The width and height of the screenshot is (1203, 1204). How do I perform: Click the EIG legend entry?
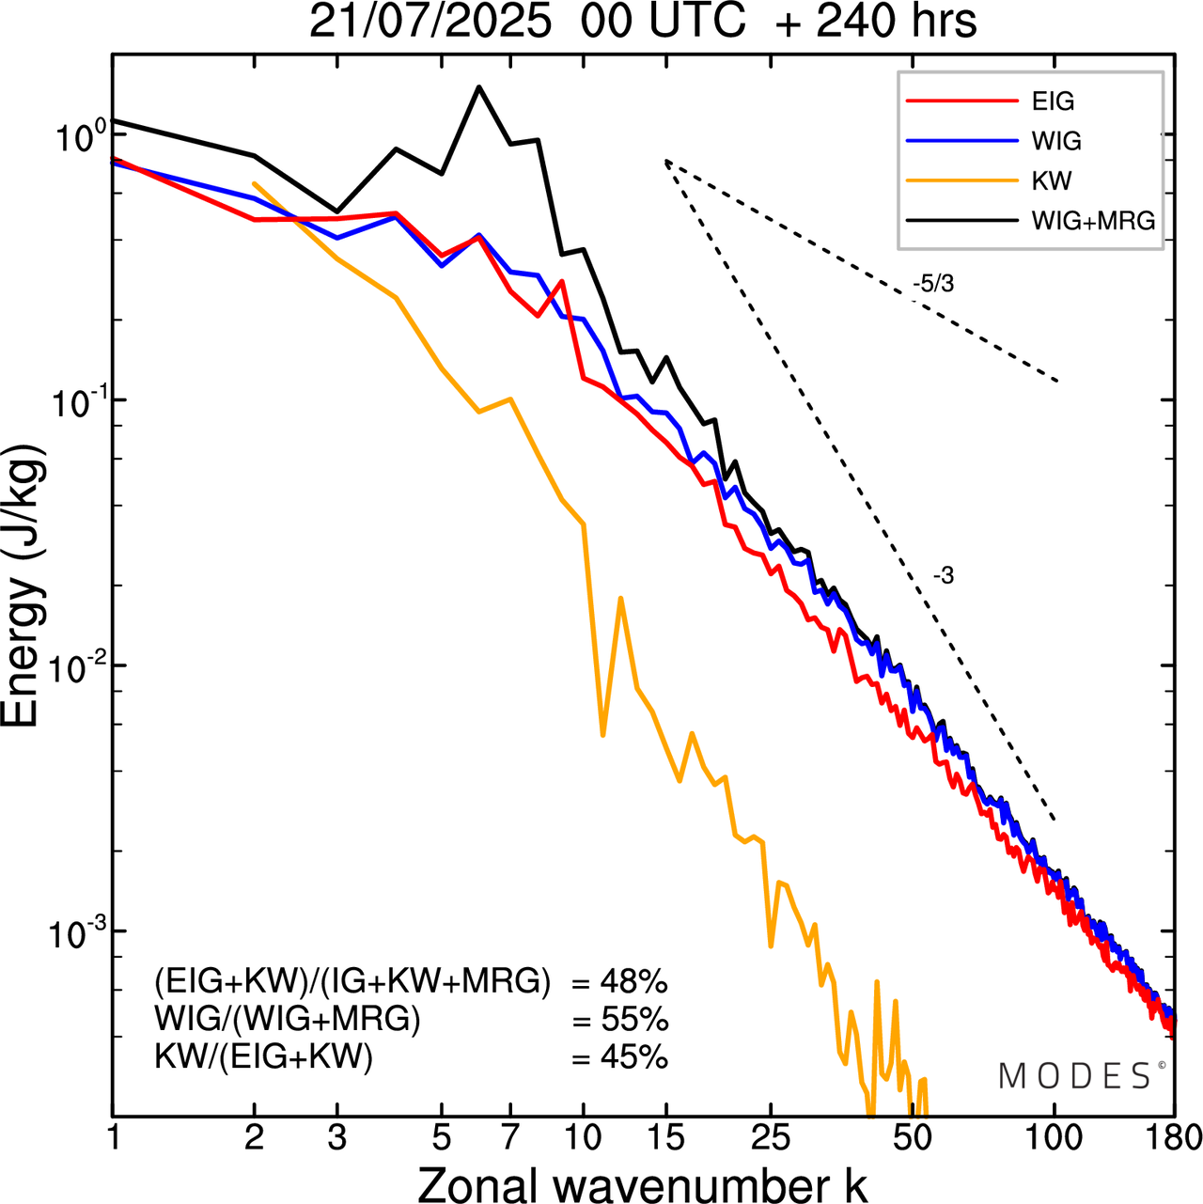point(1053,102)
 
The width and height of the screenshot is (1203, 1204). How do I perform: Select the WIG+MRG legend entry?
point(1093,221)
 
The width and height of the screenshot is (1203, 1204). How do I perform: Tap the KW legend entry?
point(1052,180)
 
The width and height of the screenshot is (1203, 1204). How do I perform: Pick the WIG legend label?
point(1056,141)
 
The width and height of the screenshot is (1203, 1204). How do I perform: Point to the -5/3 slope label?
point(933,283)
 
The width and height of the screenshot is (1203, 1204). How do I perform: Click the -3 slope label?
point(944,576)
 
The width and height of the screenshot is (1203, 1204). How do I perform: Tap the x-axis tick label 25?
point(771,1138)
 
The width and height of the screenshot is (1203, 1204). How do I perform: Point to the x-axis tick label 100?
point(1055,1138)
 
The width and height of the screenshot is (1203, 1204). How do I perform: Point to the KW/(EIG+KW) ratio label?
point(264,1057)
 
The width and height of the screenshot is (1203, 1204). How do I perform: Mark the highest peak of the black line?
point(479,86)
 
